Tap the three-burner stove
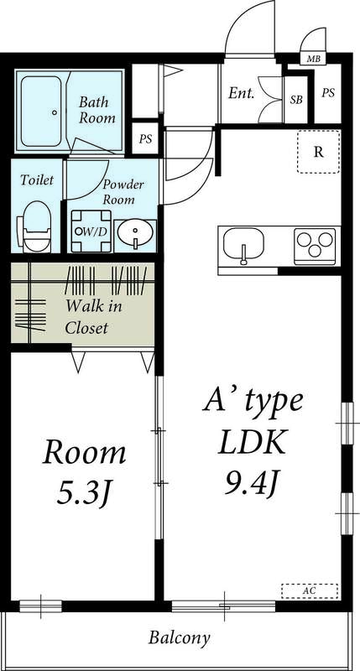pyautogui.click(x=315, y=246)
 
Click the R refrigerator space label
pyautogui.click(x=319, y=152)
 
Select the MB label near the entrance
pyautogui.click(x=313, y=59)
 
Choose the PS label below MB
pyautogui.click(x=327, y=93)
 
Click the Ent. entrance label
pyautogui.click(x=242, y=92)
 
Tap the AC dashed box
pyautogui.click(x=310, y=590)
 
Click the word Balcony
pyautogui.click(x=180, y=638)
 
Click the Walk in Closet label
pyautogui.click(x=94, y=316)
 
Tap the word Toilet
pyautogui.click(x=37, y=179)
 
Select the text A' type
pyautogui.click(x=252, y=401)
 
